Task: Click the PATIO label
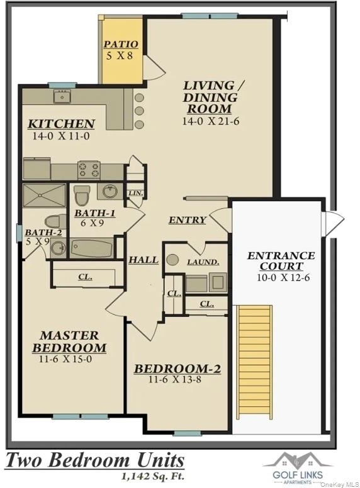pos(120,45)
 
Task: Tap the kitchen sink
pos(62,96)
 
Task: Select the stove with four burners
pos(89,170)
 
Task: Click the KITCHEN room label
pos(61,124)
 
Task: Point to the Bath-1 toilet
pos(82,195)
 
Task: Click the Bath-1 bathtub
pos(91,248)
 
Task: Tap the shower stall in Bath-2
pos(44,195)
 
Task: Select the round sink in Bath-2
pos(59,248)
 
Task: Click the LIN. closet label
pos(135,193)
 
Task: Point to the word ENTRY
pos(187,220)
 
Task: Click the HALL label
pos(143,260)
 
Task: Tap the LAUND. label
pos(203,262)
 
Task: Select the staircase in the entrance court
pos(254,362)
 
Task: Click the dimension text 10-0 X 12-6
pos(283,277)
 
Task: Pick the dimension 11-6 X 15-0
pos(65,359)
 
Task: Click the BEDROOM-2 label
pos(177,369)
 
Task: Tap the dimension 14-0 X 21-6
pos(210,121)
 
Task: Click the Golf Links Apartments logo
pos(298,469)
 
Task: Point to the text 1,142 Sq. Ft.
pos(152,476)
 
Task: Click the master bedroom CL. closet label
pos(85,277)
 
